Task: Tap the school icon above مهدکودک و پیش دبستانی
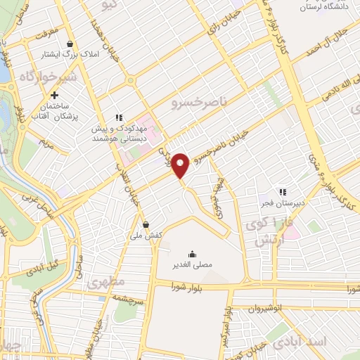tap(119, 117)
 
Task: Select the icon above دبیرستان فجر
tap(283, 191)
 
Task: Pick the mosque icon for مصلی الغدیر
tap(192, 254)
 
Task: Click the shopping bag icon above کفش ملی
tap(146, 225)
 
